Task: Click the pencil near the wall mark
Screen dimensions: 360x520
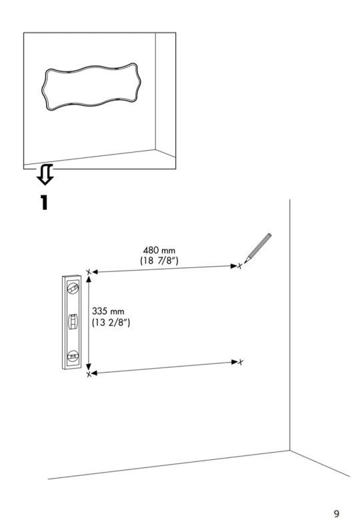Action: [x=258, y=248]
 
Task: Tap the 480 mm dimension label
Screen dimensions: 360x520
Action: [x=159, y=251]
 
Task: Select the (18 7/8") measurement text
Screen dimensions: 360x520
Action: [x=159, y=261]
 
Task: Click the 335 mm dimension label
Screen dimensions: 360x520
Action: [x=108, y=311]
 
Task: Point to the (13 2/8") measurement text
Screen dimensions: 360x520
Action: [x=111, y=323]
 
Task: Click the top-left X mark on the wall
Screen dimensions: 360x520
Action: [x=89, y=272]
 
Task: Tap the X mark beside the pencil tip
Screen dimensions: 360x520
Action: [x=240, y=265]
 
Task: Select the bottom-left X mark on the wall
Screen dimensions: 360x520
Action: [x=89, y=374]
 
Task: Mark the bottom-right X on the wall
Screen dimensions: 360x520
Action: [x=241, y=362]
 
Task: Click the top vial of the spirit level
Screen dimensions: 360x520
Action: [x=73, y=289]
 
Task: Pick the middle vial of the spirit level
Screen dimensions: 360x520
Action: [x=73, y=321]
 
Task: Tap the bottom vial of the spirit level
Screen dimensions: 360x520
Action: [x=73, y=356]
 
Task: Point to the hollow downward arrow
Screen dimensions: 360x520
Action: [x=45, y=174]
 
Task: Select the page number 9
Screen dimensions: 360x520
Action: [x=337, y=514]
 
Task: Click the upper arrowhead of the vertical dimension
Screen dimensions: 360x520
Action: [x=89, y=279]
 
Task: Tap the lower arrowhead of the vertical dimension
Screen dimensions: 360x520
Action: [x=89, y=367]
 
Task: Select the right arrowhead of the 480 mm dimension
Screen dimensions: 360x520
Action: [x=234, y=266]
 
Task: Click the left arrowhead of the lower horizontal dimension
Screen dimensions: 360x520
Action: [x=95, y=373]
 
